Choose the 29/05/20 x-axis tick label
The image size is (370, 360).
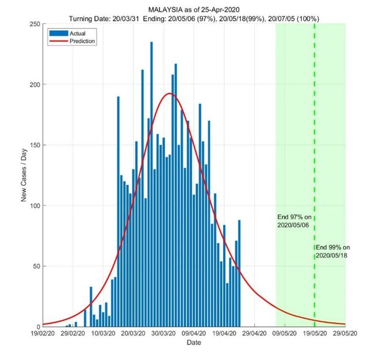[x=345, y=334]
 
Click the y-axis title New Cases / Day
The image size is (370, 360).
[x=24, y=175]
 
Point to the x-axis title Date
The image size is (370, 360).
[x=194, y=343]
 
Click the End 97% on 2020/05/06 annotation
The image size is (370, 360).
[x=294, y=221]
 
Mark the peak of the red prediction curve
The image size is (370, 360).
[x=169, y=94]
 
